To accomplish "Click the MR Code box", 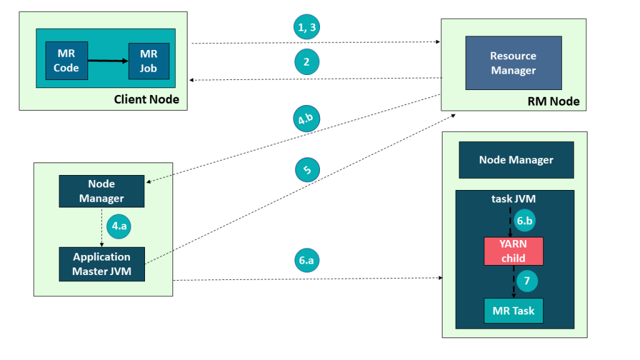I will pos(66,61).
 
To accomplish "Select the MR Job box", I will pos(148,61).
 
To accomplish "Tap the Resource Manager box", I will pos(513,63).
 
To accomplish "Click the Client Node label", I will pos(146,99).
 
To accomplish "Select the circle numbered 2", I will pos(306,62).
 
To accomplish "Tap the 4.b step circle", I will pos(306,119).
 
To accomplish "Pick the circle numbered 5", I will pos(307,169).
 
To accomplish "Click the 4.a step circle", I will pos(118,226).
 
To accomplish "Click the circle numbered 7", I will pos(526,281).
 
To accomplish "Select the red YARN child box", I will pos(513,251).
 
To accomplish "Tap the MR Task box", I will pos(513,311).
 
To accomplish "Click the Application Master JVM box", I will pos(102,264).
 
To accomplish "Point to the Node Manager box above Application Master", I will pos(102,191).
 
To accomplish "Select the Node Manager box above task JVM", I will pos(516,160).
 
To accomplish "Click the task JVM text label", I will pos(513,199).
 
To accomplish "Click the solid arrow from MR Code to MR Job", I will pos(107,61).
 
